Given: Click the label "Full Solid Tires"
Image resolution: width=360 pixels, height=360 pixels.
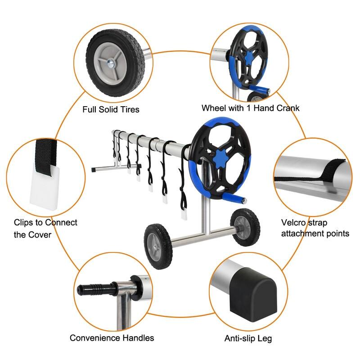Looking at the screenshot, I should [x=111, y=109].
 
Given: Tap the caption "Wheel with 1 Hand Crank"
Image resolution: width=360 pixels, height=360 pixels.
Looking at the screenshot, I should [x=250, y=108].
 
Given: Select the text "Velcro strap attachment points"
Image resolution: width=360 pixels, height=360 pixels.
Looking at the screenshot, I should [x=315, y=228].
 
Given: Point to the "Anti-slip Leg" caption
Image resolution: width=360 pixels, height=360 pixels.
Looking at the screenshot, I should [x=248, y=338].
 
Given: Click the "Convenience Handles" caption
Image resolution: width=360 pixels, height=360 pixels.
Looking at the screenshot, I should [x=112, y=337].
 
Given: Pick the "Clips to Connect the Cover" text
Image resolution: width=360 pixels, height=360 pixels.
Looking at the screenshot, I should [x=45, y=228].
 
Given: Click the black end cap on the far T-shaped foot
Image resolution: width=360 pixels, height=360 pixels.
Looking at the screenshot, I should [x=93, y=170].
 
